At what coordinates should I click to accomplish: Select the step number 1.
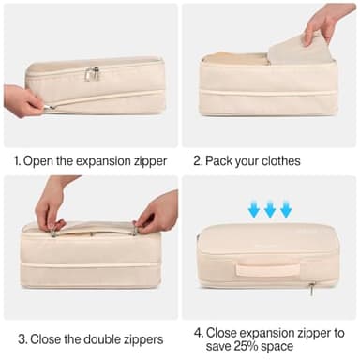point(16,160)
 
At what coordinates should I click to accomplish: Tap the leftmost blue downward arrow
point(253,208)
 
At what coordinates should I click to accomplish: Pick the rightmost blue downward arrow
point(286,208)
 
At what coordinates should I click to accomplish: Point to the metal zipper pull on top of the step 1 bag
point(92,73)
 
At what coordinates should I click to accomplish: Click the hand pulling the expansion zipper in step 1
point(23,100)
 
